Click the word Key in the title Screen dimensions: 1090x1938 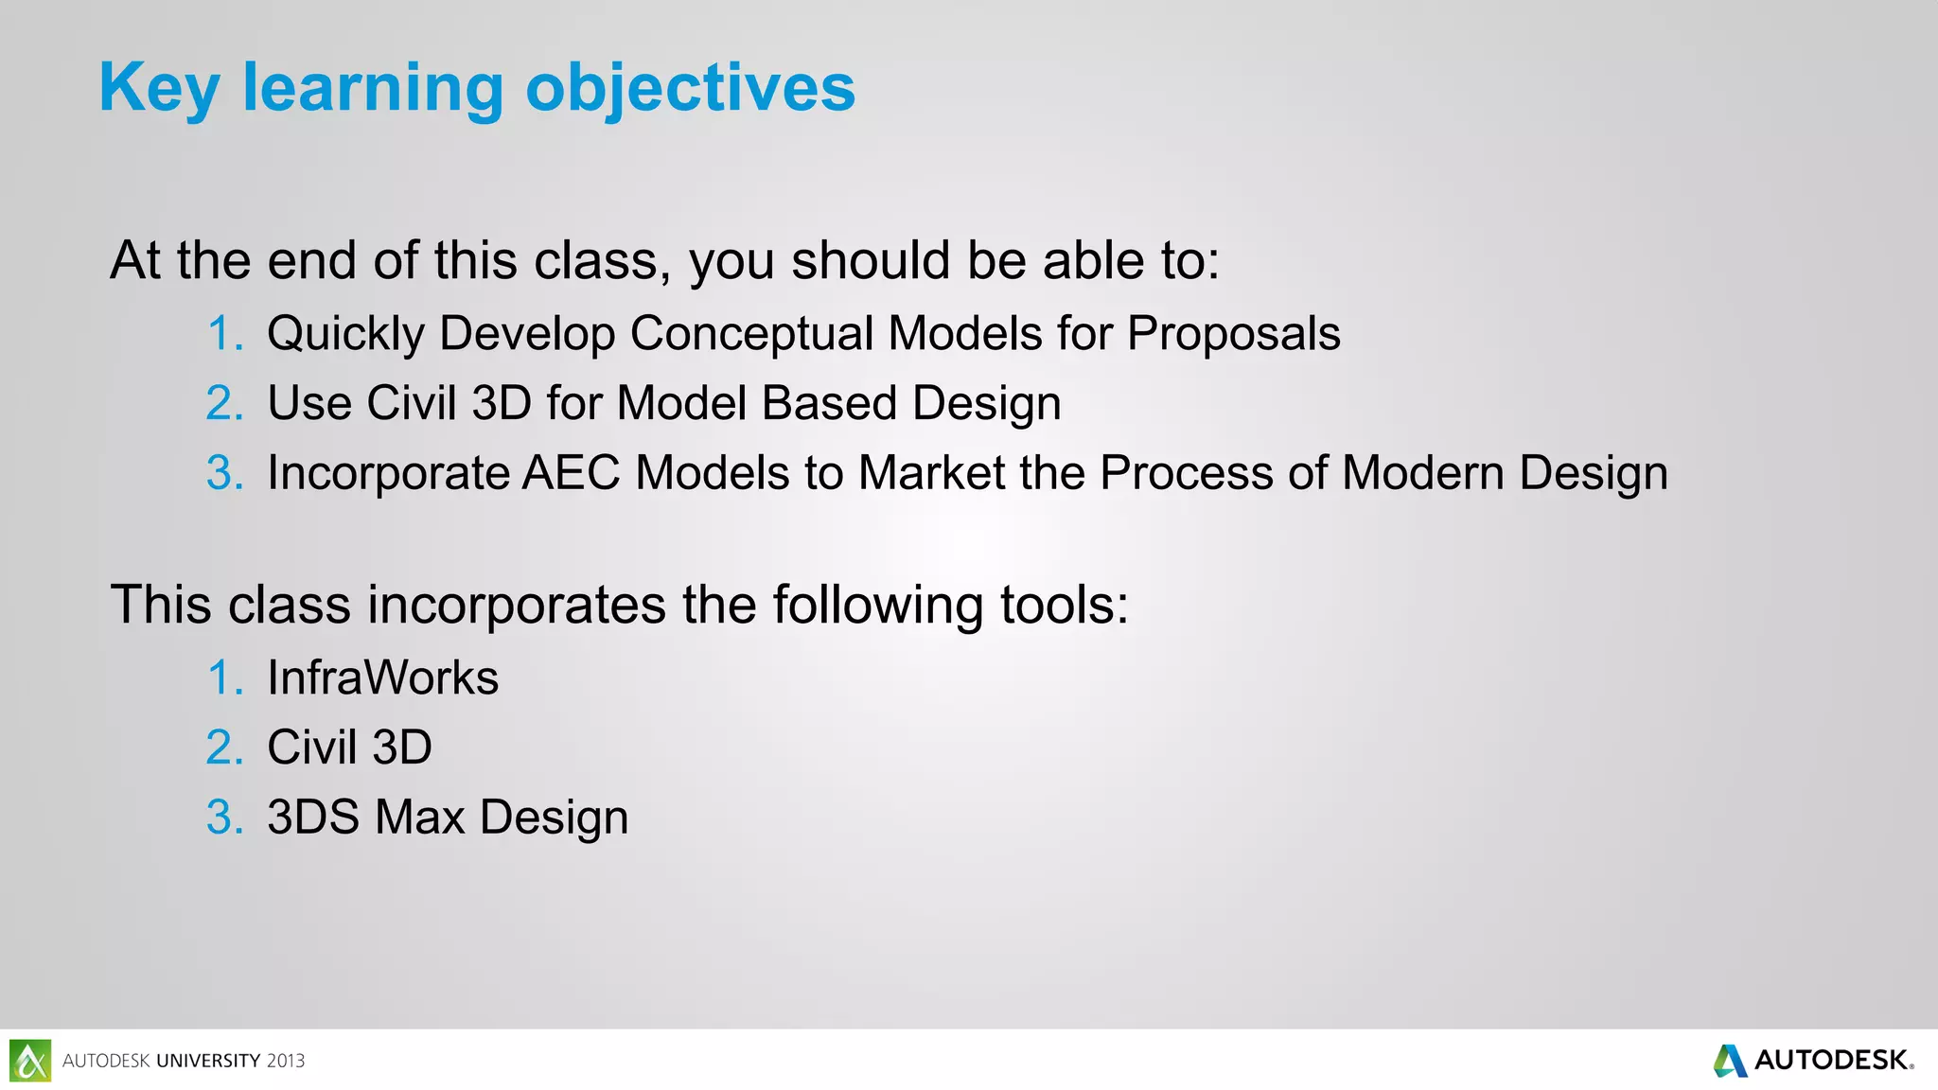(x=159, y=88)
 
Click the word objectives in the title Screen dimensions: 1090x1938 (x=690, y=88)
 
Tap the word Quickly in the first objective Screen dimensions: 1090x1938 (x=346, y=334)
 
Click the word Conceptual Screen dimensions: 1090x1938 (x=751, y=334)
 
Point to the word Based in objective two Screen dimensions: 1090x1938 (x=829, y=403)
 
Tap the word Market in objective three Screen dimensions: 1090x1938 (x=930, y=473)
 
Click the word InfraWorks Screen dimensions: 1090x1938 (x=382, y=678)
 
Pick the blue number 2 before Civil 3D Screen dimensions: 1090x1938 (x=224, y=747)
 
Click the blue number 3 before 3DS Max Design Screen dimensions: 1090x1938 (x=224, y=817)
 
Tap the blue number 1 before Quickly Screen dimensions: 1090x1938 (x=225, y=334)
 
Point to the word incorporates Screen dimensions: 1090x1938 (x=517, y=605)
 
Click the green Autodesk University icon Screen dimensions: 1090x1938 (x=30, y=1061)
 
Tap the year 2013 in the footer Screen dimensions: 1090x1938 (x=286, y=1062)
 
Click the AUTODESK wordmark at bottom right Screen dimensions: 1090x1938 (x=1832, y=1061)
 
